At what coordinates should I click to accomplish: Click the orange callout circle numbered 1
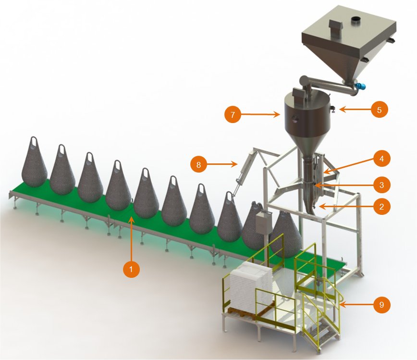click(x=131, y=269)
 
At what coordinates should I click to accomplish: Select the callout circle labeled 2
click(x=381, y=207)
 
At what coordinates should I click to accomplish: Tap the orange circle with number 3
click(x=381, y=185)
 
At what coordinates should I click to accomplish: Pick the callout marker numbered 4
click(x=381, y=159)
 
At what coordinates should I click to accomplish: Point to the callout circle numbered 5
click(x=380, y=110)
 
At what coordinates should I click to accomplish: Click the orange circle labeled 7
click(x=233, y=114)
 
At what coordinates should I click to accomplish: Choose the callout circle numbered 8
click(x=199, y=164)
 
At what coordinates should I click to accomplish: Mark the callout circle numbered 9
click(x=381, y=304)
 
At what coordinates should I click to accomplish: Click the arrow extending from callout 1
click(x=131, y=239)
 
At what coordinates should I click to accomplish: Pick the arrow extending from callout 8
click(x=222, y=164)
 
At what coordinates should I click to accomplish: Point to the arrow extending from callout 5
click(x=355, y=110)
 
